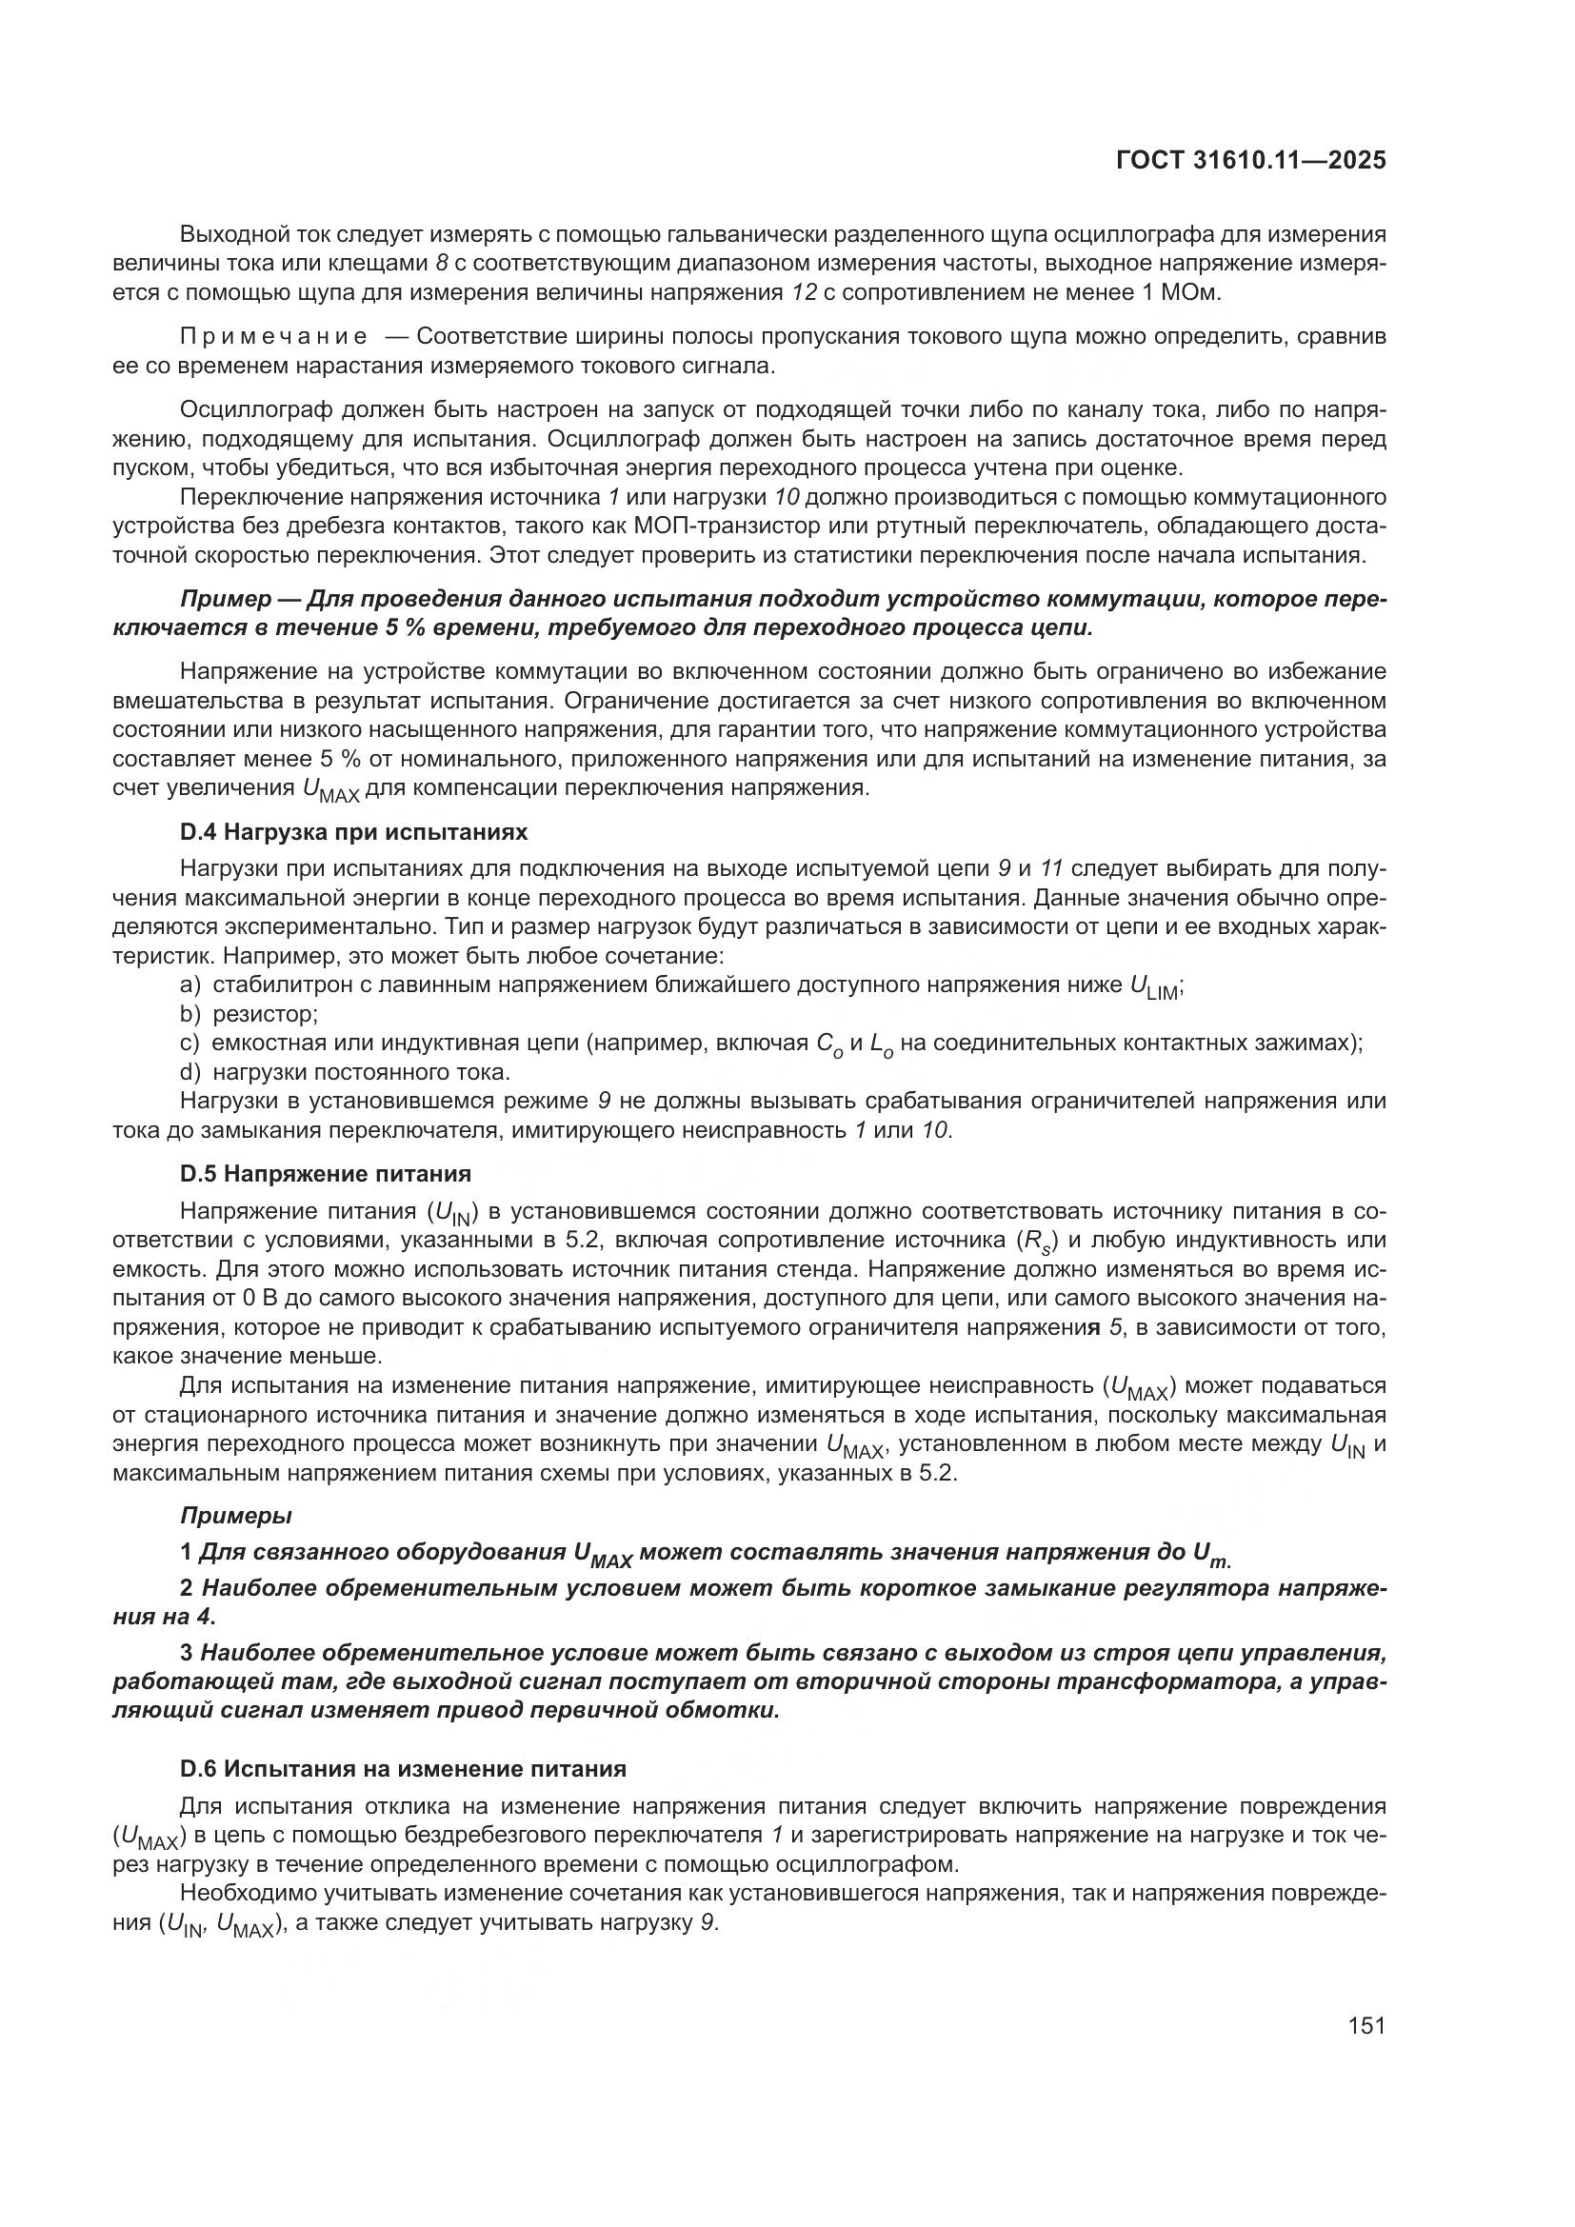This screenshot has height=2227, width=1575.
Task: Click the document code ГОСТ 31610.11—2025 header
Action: coord(1250,160)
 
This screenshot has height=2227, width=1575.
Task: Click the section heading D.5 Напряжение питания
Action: coord(325,1173)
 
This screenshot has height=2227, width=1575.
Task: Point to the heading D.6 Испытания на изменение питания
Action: coord(403,1768)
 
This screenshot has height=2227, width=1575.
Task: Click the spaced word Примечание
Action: coord(273,336)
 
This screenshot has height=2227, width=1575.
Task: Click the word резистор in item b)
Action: coord(265,1014)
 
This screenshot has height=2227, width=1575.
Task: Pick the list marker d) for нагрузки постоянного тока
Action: coord(190,1072)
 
